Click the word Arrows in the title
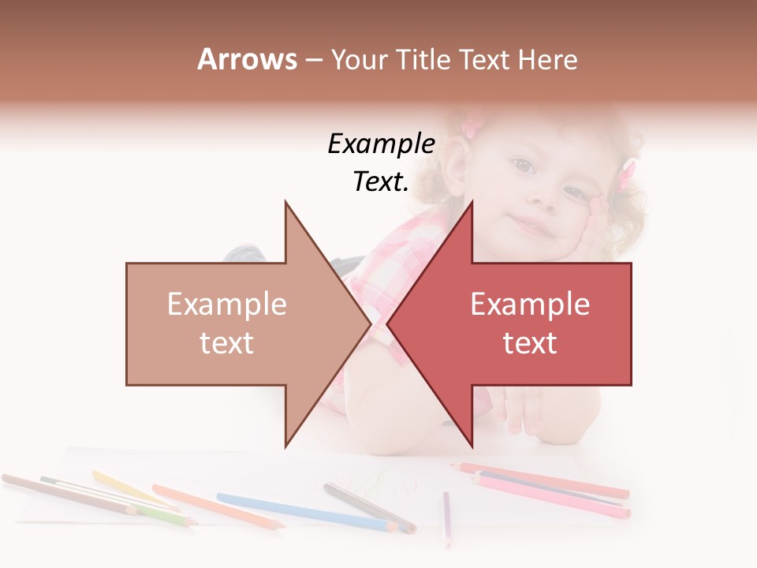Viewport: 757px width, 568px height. (247, 59)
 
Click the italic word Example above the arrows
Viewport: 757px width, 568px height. (381, 144)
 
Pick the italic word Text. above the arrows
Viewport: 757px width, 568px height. (381, 181)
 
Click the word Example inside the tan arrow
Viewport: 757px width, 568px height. (227, 304)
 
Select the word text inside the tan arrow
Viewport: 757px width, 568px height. (227, 343)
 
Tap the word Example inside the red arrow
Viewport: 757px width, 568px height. (530, 304)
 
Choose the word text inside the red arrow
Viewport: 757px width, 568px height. (530, 343)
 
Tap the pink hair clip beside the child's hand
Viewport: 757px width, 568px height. (627, 176)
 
